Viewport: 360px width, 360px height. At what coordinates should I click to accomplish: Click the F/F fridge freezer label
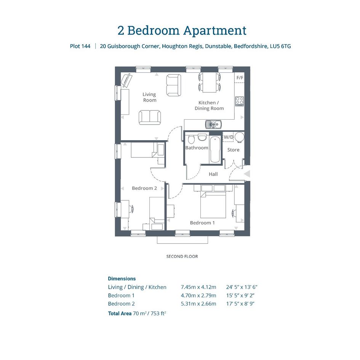click(240, 78)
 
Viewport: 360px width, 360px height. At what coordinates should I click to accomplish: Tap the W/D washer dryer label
click(229, 137)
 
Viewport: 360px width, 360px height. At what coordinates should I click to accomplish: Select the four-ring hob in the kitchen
click(240, 101)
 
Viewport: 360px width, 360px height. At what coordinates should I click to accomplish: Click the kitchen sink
click(213, 125)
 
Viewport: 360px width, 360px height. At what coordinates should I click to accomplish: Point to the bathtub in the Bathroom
click(215, 149)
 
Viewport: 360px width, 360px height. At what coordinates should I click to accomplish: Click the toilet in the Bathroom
click(191, 139)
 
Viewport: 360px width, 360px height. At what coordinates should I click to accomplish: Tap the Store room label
click(233, 150)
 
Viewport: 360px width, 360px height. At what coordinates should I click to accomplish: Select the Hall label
click(213, 174)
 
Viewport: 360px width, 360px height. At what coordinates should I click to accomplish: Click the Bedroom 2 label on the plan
click(144, 188)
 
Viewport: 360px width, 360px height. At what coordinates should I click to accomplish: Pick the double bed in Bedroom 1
click(213, 205)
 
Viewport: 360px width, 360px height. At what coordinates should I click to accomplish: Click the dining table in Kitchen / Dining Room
click(209, 82)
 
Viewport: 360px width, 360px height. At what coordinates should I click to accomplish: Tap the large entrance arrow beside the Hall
click(247, 174)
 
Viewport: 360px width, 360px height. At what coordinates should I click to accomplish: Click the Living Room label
click(149, 98)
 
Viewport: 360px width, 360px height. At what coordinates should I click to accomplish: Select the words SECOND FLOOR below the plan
click(182, 256)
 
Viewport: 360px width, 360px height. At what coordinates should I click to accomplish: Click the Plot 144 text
click(80, 46)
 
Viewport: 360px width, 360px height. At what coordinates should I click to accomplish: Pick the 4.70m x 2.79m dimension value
click(198, 296)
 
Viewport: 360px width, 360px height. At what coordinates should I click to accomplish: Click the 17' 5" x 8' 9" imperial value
click(240, 304)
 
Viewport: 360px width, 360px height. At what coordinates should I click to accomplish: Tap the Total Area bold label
click(120, 314)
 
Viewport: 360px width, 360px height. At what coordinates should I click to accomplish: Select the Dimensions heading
click(122, 279)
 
